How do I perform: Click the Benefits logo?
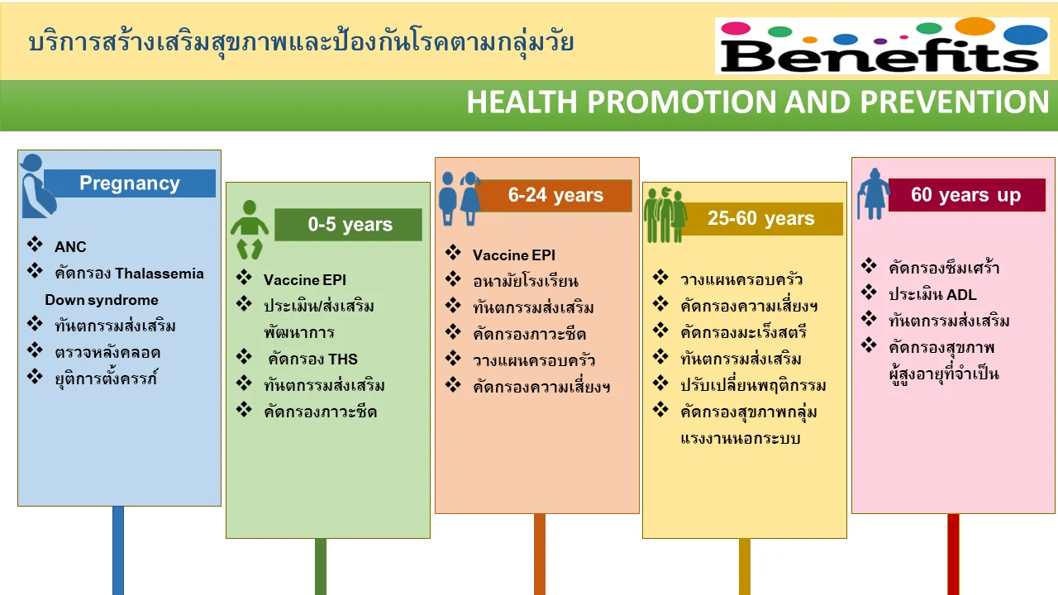click(x=882, y=45)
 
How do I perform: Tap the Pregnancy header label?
click(x=130, y=183)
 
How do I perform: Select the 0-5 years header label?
click(x=349, y=225)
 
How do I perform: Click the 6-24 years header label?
click(x=555, y=195)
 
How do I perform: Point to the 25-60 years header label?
click(x=760, y=219)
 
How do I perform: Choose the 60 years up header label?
click(x=966, y=194)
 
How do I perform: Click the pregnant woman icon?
click(x=37, y=186)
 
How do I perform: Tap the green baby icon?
click(x=250, y=230)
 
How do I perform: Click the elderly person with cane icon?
click(x=874, y=194)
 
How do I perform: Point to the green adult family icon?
click(x=665, y=215)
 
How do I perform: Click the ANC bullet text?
click(x=70, y=247)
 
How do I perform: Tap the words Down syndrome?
click(x=102, y=300)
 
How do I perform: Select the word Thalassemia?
click(x=160, y=274)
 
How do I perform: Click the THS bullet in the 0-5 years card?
click(x=312, y=359)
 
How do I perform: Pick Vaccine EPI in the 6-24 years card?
click(x=514, y=255)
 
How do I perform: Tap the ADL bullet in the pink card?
click(x=933, y=295)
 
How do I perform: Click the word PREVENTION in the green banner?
click(x=955, y=102)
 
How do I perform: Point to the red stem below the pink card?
click(x=953, y=555)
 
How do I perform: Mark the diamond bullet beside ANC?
click(x=35, y=244)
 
